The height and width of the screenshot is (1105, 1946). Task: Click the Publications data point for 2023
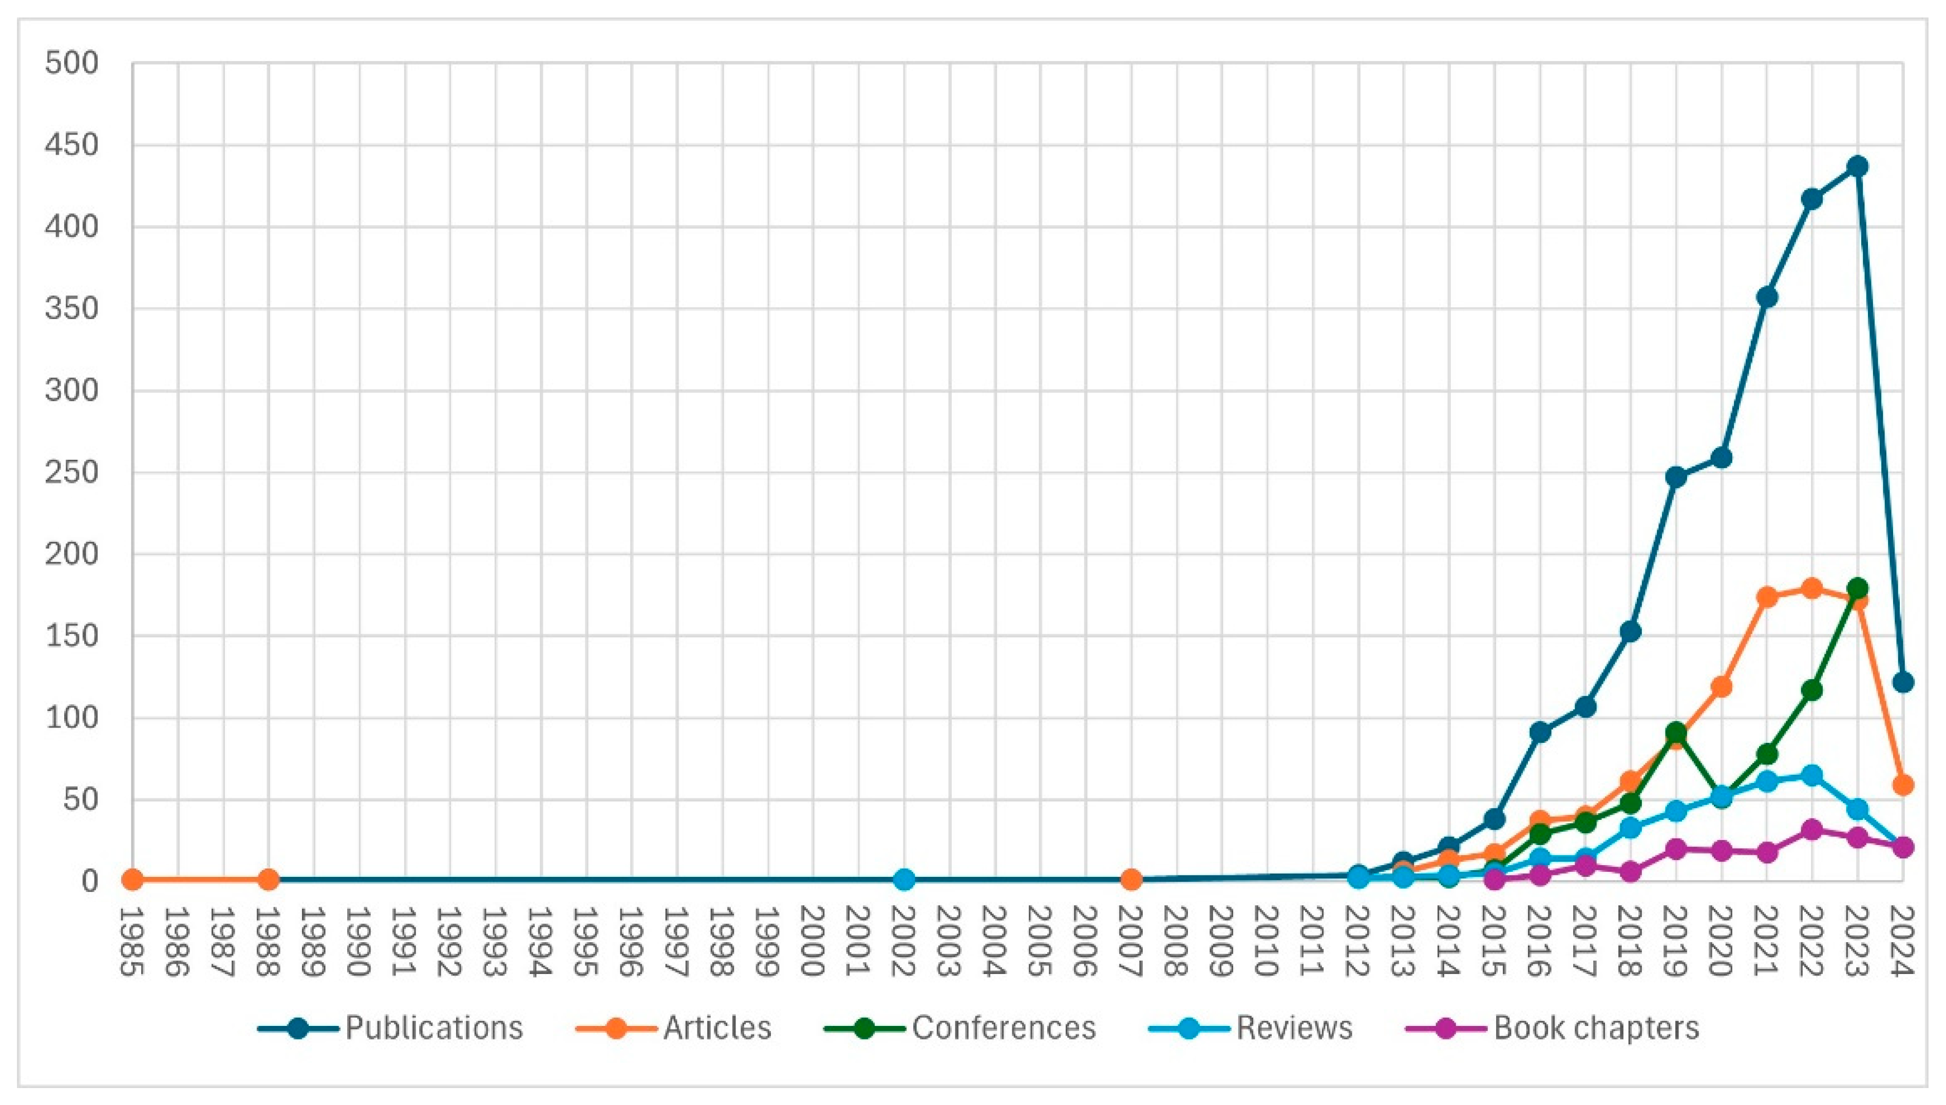[1857, 166]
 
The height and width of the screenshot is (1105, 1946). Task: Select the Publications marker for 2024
[1902, 682]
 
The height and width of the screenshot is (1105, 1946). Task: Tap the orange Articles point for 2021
[1766, 596]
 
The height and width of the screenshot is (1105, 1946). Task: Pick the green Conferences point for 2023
[1857, 588]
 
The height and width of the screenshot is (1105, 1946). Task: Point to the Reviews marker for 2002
[903, 879]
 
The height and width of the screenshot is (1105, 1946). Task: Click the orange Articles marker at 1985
[132, 879]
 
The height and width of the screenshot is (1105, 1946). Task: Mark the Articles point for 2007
[1130, 879]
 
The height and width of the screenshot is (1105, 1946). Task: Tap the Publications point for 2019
[1675, 477]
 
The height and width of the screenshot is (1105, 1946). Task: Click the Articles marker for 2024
[1902, 785]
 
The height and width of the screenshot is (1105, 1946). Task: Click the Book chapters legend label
[1596, 1027]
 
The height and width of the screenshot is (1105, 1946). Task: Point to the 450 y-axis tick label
[72, 145]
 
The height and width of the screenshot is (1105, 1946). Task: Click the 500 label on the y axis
[72, 63]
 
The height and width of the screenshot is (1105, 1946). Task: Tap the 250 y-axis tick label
[72, 472]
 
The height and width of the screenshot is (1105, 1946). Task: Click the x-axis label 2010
[1267, 941]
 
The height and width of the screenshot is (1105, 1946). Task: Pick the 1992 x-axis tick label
[450, 941]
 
